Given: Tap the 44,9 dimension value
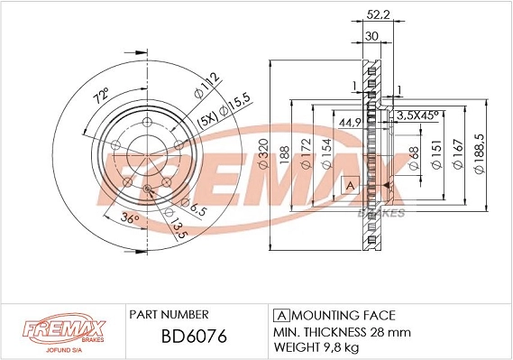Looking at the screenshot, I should pos(349,122).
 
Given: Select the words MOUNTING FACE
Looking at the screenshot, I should pos(342,315).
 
